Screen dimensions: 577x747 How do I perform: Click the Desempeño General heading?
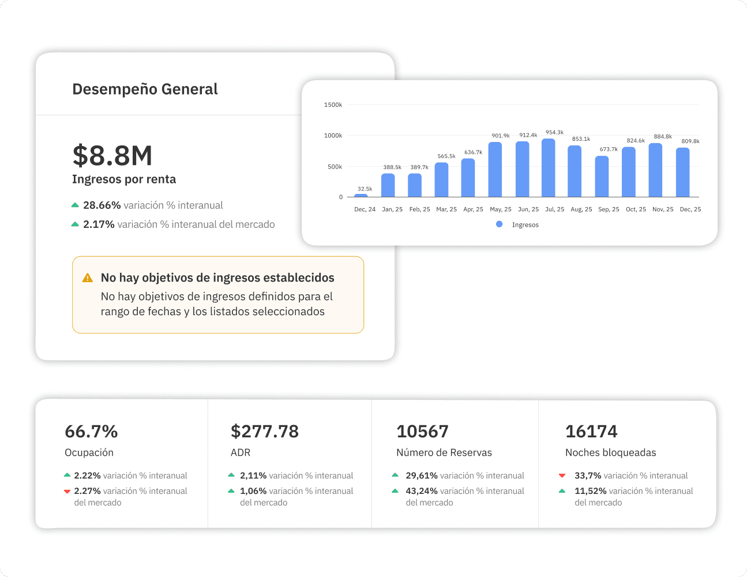coord(145,89)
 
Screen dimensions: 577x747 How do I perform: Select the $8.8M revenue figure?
coord(112,156)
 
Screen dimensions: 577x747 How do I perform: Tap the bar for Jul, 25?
coord(548,168)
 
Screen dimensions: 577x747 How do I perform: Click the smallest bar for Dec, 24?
coord(361,196)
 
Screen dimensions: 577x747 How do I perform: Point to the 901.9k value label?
coord(500,136)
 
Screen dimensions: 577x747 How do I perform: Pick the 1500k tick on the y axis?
coord(333,105)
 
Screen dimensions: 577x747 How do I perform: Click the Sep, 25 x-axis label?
coord(609,209)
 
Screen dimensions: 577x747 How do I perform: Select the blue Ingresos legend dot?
coord(499,224)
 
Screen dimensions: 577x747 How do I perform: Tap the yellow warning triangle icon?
coord(88,278)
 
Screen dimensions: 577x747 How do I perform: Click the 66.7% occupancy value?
coord(91,432)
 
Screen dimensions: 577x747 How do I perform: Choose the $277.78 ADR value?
coord(265,432)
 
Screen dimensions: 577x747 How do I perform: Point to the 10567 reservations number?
coord(422,432)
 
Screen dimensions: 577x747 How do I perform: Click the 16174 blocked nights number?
coord(591,432)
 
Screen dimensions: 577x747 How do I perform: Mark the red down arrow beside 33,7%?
coord(562,476)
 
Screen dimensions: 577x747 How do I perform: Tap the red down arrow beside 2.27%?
coord(67,492)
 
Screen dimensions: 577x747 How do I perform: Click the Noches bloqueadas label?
coord(610,453)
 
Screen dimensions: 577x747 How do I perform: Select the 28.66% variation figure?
coord(102,205)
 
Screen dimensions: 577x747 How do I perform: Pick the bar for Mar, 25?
coord(441,180)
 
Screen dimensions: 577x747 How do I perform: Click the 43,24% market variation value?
coord(421,491)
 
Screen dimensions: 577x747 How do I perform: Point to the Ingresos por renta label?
coord(124,179)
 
